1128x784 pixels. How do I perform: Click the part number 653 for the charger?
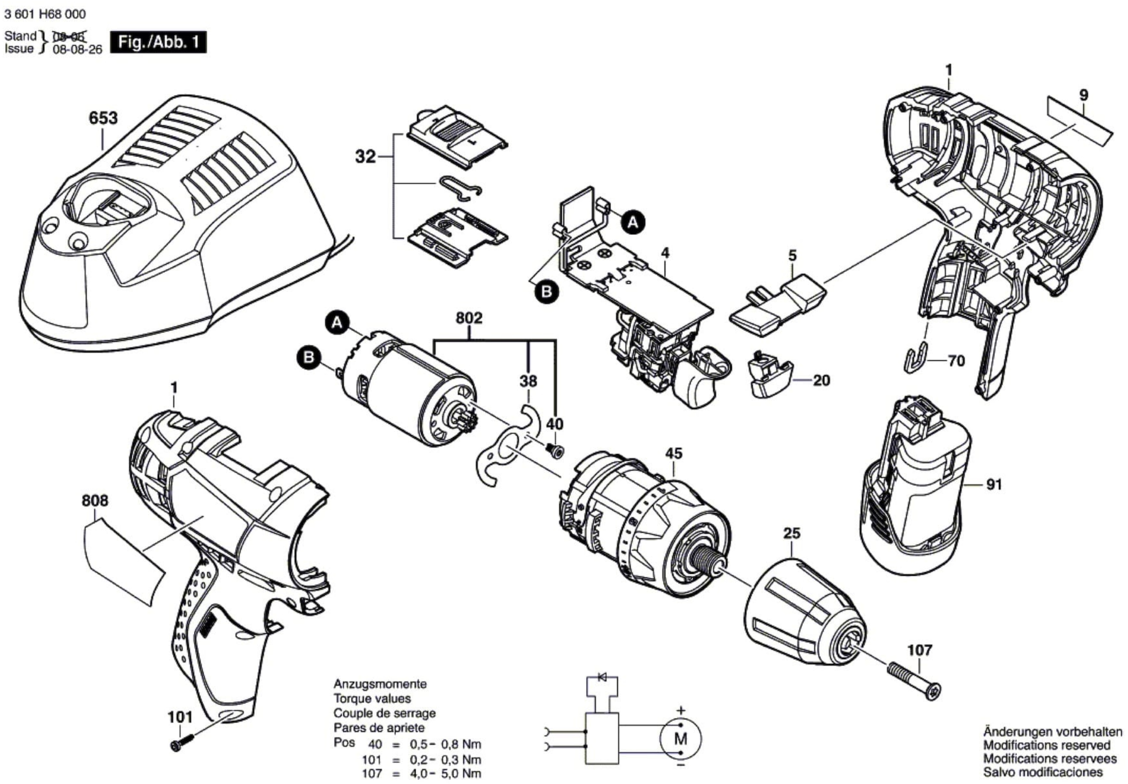coord(103,118)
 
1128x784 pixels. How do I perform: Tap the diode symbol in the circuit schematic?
coord(602,678)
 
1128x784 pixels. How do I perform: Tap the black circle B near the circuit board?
coord(546,292)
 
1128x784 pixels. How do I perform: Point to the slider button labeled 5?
coord(779,304)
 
